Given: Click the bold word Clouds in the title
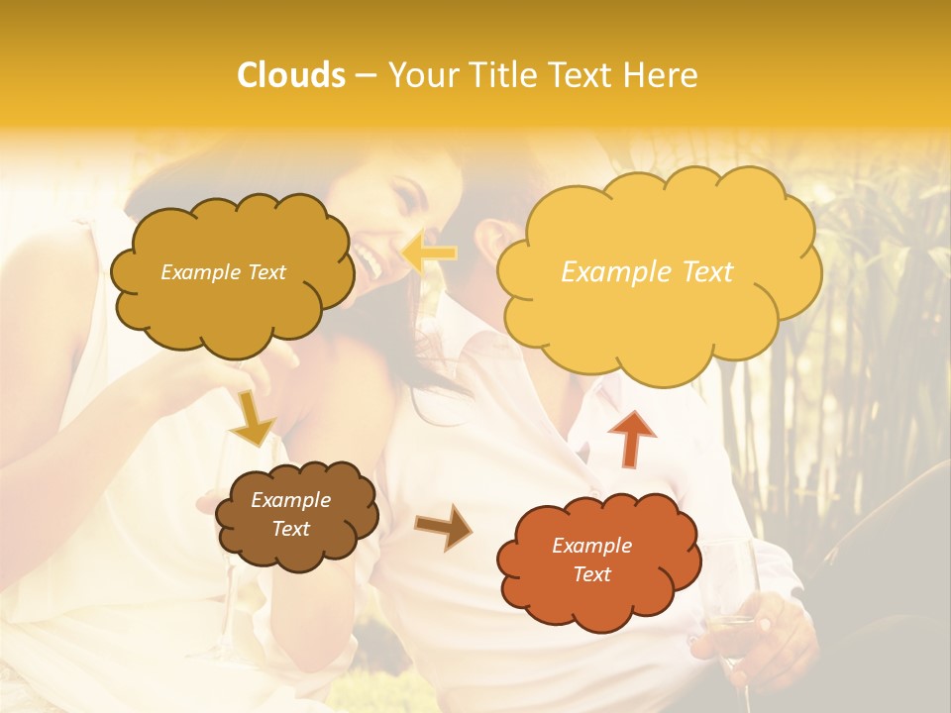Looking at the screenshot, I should tap(291, 74).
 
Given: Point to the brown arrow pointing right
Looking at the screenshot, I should tap(444, 526).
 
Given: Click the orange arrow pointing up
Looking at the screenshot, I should tap(632, 438).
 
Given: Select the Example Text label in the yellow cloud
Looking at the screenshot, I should tap(647, 272).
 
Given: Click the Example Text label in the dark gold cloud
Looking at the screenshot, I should tap(223, 272).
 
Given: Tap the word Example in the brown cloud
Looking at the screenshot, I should tap(290, 500).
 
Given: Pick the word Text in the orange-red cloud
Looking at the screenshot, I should tap(591, 574).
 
